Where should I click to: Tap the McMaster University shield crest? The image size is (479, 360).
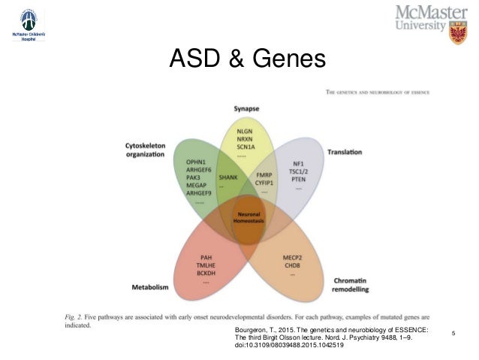[456, 32]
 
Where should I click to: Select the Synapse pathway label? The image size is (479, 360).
[246, 108]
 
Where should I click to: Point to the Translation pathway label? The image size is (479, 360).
[345, 153]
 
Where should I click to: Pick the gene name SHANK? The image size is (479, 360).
[227, 177]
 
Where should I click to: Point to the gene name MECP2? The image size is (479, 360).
[292, 256]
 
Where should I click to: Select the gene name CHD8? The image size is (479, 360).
[292, 265]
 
